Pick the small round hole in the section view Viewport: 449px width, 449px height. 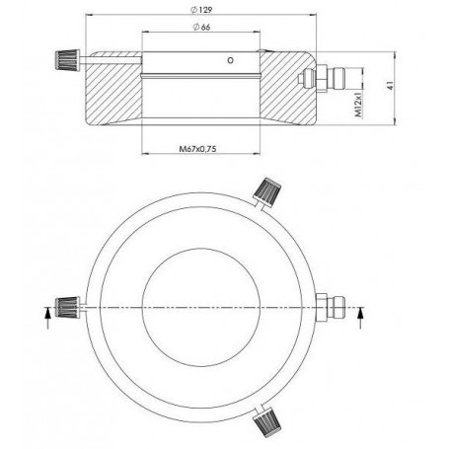pos(230,61)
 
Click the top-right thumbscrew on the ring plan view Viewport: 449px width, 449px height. pos(266,189)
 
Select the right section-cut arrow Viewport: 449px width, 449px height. pos(360,315)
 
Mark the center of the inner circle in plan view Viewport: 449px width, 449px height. pos(201,310)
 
